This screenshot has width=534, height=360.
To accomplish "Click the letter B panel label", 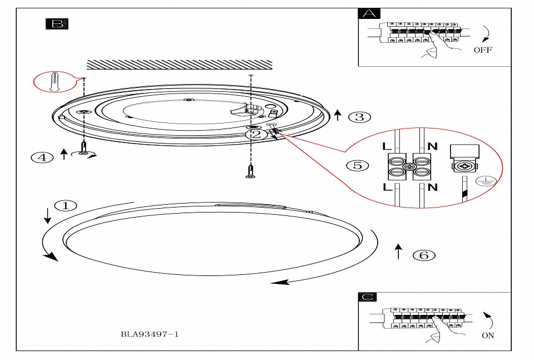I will (56, 23).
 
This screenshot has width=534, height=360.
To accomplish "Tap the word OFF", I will (483, 50).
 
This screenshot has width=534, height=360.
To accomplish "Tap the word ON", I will (487, 336).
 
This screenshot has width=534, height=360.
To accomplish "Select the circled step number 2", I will (255, 134).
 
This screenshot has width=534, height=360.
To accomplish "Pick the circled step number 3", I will (359, 117).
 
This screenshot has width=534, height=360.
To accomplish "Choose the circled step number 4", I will (42, 157).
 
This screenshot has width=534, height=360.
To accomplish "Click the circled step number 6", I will (424, 255).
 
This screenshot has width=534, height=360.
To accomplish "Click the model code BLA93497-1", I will (150, 334).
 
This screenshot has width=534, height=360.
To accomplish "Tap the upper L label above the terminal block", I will (388, 147).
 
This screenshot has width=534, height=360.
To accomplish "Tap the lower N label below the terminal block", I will (433, 188).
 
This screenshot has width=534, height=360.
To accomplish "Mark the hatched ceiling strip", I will (179, 65).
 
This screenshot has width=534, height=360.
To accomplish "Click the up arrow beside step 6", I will (398, 251).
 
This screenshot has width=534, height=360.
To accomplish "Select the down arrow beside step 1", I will (47, 215).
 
